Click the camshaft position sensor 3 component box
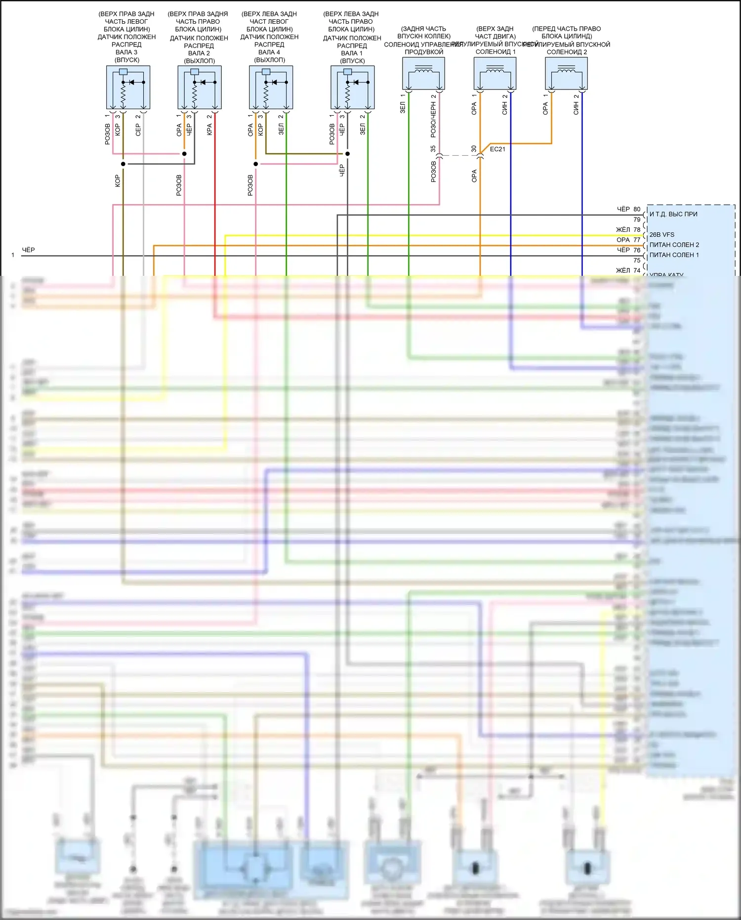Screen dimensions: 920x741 [x=128, y=87]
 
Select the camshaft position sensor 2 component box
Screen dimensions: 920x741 [x=200, y=87]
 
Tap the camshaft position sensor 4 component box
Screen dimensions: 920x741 [x=271, y=87]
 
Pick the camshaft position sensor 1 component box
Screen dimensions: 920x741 [x=352, y=87]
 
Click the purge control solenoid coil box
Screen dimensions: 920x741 [x=423, y=73]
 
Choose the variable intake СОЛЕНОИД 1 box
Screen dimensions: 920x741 [x=495, y=73]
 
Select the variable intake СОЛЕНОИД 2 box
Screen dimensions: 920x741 [x=566, y=73]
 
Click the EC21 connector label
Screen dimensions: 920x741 [x=497, y=149]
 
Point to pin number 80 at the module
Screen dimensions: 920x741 [x=637, y=209]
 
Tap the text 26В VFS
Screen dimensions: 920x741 [x=662, y=235]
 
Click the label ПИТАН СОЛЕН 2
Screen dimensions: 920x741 [x=674, y=245]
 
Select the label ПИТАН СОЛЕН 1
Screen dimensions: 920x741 [x=674, y=255]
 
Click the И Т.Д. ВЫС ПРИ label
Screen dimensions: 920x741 [x=673, y=214]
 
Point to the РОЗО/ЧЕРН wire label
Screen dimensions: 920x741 [x=433, y=120]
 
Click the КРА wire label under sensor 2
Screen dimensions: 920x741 [x=209, y=130]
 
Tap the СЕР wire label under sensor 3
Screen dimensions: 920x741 [x=138, y=130]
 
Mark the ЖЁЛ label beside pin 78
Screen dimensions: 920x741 [x=623, y=229]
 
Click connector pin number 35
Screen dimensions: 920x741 [x=433, y=148]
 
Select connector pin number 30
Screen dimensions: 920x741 [x=474, y=148]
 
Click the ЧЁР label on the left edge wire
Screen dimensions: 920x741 [x=29, y=250]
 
